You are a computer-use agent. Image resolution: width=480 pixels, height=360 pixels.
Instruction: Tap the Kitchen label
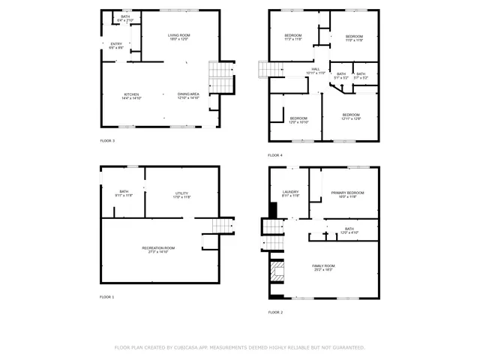(132, 96)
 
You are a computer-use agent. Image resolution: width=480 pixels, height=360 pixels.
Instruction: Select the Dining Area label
(188, 96)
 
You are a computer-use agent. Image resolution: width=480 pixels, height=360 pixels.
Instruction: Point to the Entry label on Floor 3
(116, 46)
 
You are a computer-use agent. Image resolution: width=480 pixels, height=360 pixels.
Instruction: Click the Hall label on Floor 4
(316, 71)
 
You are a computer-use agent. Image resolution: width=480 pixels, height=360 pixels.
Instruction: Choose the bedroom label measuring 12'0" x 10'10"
(298, 120)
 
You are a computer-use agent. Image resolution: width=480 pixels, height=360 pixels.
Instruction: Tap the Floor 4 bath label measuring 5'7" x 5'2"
(361, 76)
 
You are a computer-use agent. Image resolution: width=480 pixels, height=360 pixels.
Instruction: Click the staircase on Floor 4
(269, 70)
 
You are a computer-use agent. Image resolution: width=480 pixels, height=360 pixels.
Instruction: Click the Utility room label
(182, 195)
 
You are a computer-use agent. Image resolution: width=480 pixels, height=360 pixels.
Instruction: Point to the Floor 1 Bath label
(124, 193)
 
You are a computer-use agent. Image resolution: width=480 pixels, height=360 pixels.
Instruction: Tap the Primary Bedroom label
(348, 195)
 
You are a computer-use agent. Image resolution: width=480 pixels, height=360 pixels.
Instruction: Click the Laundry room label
(291, 194)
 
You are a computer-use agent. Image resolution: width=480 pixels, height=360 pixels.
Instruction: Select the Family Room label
(323, 268)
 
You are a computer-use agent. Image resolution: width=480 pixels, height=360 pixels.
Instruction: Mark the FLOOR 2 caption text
(276, 312)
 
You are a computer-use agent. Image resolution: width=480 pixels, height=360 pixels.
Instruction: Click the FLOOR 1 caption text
(107, 297)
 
